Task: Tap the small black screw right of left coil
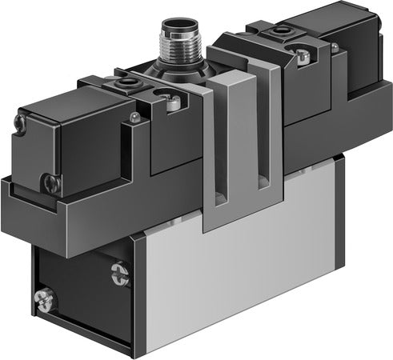[x=134, y=118]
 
